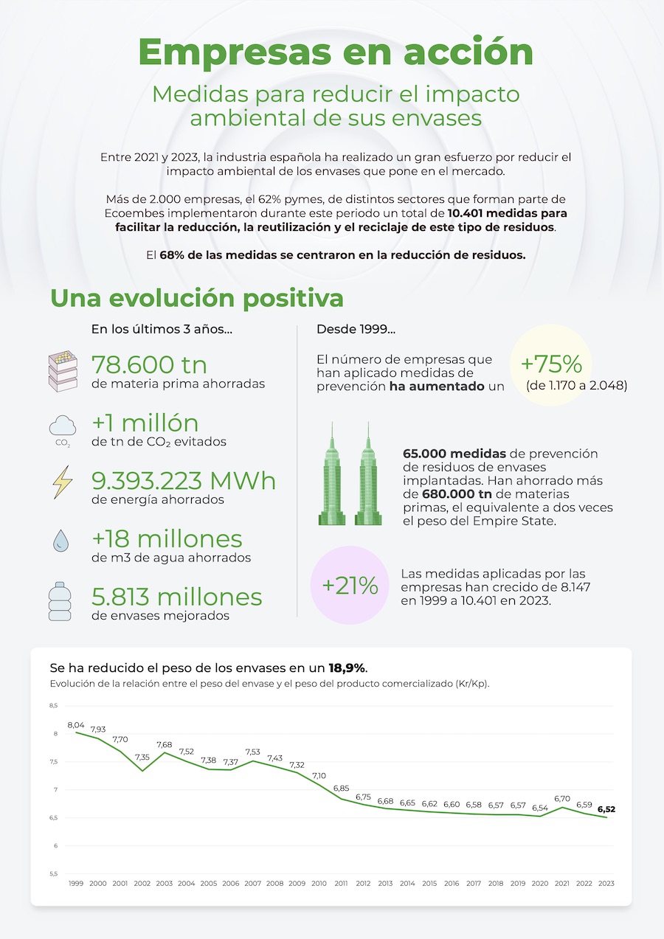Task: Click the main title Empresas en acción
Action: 336,52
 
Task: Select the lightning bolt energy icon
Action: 62,482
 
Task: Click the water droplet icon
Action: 61,541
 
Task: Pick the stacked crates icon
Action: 63,369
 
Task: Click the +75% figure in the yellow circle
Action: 550,364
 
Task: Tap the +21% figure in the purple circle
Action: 350,586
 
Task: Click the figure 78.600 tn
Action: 149,364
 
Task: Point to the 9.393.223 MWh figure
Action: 184,480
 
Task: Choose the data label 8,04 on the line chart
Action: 76,725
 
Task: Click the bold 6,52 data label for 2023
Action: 606,808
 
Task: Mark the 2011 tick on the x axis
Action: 341,883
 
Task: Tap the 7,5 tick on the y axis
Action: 52,762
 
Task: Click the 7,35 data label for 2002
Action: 142,757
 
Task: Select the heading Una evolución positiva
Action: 197,299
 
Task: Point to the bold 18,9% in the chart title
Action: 347,668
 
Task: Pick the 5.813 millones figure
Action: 177,596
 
